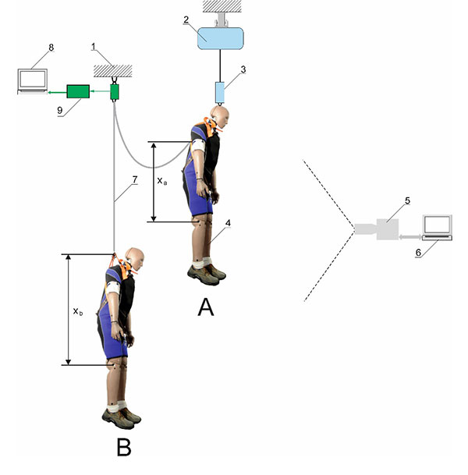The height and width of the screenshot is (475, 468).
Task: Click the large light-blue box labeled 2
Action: pos(222,37)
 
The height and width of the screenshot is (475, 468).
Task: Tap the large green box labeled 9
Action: pos(78,91)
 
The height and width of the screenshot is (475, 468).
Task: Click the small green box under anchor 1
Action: pos(115,91)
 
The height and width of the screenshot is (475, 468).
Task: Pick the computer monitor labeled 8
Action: pos(32,80)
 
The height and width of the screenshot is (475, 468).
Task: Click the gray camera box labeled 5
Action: pos(388,229)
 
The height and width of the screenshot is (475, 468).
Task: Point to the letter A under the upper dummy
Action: pos(205,307)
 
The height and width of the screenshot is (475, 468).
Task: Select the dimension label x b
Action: pos(78,311)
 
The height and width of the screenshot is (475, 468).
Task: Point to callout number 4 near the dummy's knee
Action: pos(228,222)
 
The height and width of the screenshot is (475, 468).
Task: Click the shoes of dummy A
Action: pos(206,272)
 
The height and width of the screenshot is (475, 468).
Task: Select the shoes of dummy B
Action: pos(121,416)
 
